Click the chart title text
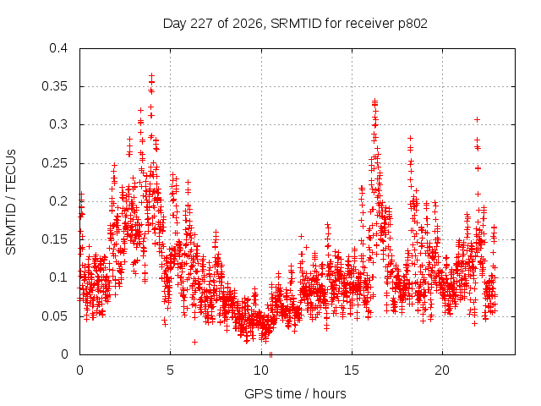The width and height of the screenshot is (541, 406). click(295, 24)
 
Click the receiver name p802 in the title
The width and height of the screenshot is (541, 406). click(413, 25)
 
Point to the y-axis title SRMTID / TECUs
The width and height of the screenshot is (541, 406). click(11, 202)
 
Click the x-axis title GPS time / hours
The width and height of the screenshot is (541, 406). click(295, 393)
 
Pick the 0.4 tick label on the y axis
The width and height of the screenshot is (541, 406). click(58, 48)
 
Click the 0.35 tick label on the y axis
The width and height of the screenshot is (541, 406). click(55, 86)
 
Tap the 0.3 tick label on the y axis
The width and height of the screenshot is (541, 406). click(58, 124)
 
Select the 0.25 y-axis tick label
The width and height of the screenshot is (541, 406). click(55, 163)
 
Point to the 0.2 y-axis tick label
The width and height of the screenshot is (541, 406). click(58, 201)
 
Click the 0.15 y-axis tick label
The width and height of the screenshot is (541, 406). click(55, 239)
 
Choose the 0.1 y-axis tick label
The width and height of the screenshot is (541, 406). click(58, 277)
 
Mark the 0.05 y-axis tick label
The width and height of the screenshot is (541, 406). click(55, 316)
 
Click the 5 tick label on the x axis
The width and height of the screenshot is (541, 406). click(170, 370)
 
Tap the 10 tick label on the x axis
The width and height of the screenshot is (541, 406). click(261, 370)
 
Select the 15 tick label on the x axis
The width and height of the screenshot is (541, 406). click(352, 370)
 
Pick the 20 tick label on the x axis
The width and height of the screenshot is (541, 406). click(442, 370)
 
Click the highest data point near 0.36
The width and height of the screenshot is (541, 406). click(151, 75)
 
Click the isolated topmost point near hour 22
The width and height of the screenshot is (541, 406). click(477, 119)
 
